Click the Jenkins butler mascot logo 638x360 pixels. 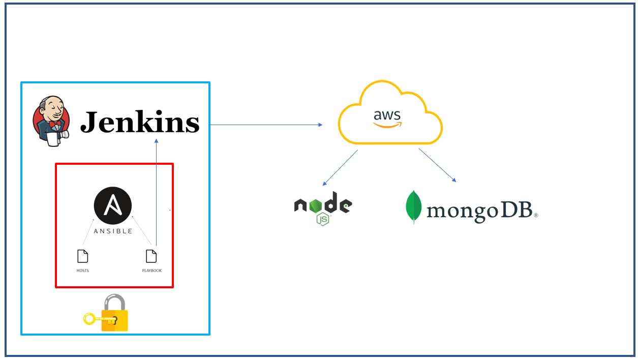pyautogui.click(x=51, y=121)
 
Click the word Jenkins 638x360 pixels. pyautogui.click(x=140, y=122)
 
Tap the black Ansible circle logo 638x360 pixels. pyautogui.click(x=113, y=206)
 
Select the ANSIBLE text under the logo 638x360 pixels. pyautogui.click(x=113, y=231)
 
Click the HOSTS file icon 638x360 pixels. pyautogui.click(x=82, y=256)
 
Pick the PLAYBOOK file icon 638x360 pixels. pyautogui.click(x=151, y=256)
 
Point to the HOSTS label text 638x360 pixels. pyautogui.click(x=82, y=271)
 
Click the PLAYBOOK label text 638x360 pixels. pyautogui.click(x=151, y=271)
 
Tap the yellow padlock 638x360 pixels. pyautogui.click(x=115, y=314)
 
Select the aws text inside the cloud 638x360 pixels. pyautogui.click(x=387, y=115)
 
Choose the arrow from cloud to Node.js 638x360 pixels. pyautogui.click(x=340, y=167)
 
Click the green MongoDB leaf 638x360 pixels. pyautogui.click(x=413, y=207)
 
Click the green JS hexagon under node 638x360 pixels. pyautogui.click(x=323, y=219)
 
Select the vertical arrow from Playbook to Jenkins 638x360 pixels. pyautogui.click(x=156, y=193)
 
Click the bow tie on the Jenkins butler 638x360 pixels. pyautogui.click(x=55, y=123)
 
